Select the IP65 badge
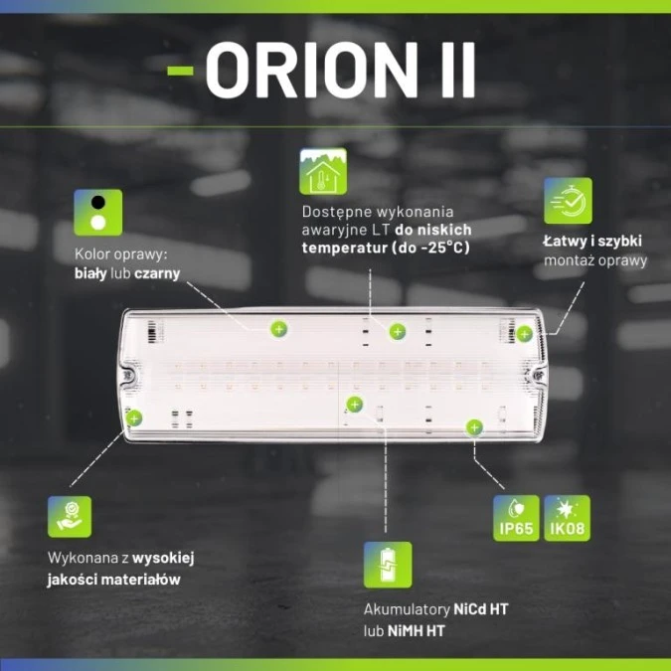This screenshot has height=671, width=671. pyautogui.click(x=517, y=518)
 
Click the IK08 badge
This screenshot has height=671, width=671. pyautogui.click(x=568, y=518)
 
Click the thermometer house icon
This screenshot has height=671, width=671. pyautogui.click(x=323, y=173)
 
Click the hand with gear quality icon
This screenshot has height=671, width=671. pyautogui.click(x=70, y=517)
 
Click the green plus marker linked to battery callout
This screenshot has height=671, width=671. pyautogui.click(x=354, y=404)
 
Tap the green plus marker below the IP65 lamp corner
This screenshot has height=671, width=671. pyautogui.click(x=475, y=427)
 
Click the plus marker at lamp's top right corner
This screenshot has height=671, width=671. pyautogui.click(x=524, y=334)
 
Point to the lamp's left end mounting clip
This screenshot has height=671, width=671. pyautogui.click(x=128, y=378)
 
